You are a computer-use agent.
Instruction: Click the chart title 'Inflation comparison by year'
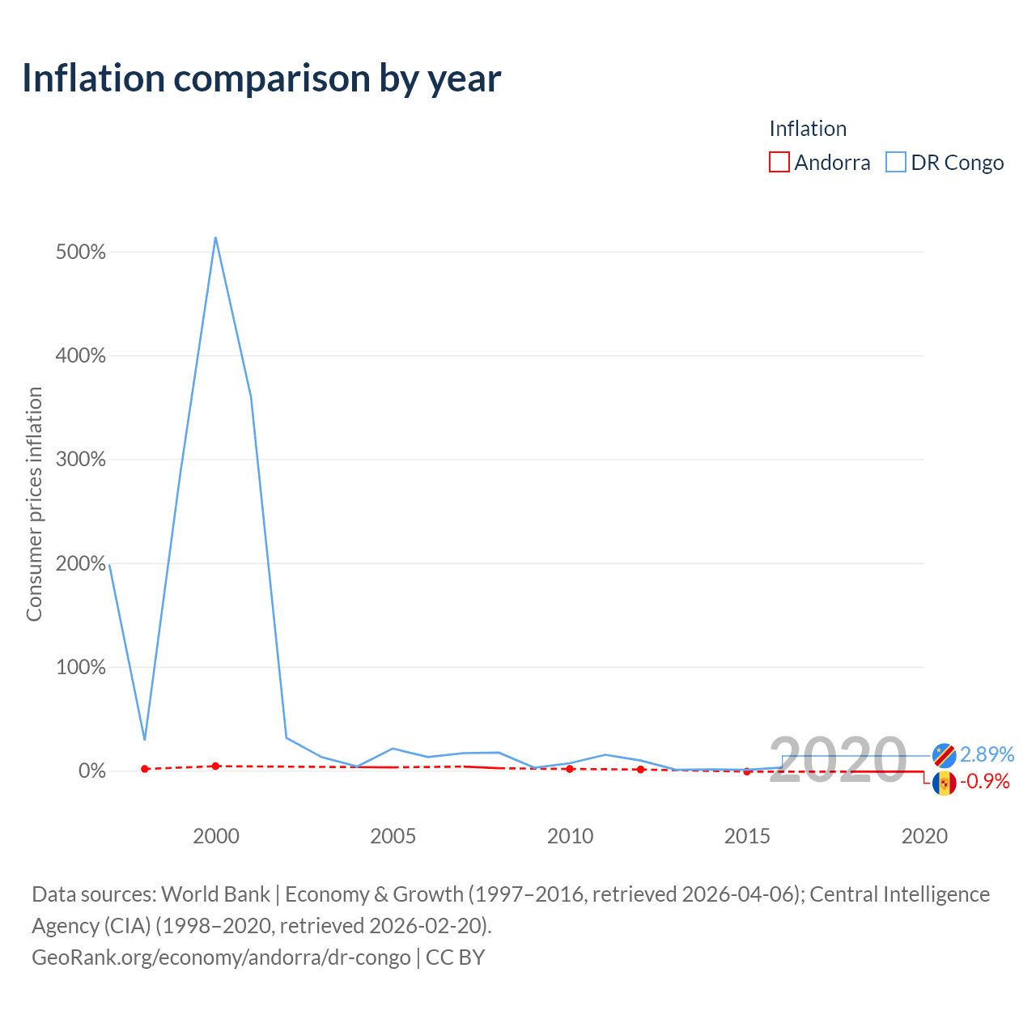pos(261,79)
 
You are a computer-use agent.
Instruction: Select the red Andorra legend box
pos(779,162)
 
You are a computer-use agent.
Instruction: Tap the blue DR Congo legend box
pos(896,162)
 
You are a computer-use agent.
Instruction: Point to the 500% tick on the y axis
pos(81,252)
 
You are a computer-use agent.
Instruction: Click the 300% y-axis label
pos(81,459)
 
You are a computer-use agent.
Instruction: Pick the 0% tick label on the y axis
pos(92,771)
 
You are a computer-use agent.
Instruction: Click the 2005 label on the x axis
pos(393,836)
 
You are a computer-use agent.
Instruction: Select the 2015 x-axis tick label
pos(747,836)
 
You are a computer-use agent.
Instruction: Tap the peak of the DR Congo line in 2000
pos(215,237)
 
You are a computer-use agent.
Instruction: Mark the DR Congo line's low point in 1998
pos(145,740)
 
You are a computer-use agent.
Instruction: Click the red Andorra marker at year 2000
pos(215,766)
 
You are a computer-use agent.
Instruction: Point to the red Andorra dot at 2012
pos(640,770)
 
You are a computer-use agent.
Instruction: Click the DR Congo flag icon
pos(944,756)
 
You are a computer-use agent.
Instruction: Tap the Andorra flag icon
pos(944,783)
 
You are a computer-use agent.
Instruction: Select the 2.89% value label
pos(987,754)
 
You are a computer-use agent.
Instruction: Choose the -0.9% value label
pos(985,781)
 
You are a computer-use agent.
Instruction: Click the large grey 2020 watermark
pos(838,760)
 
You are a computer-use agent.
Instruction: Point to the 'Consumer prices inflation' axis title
pos(35,503)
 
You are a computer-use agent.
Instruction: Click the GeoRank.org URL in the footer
pos(221,957)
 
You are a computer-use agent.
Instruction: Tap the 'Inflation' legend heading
pos(808,129)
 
